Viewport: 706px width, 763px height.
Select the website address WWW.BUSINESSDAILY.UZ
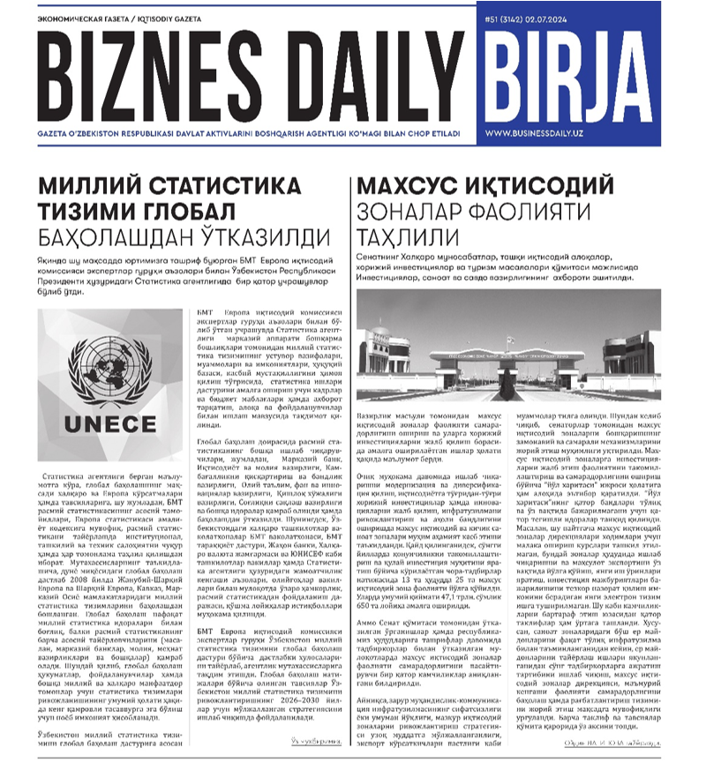click(x=583, y=132)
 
